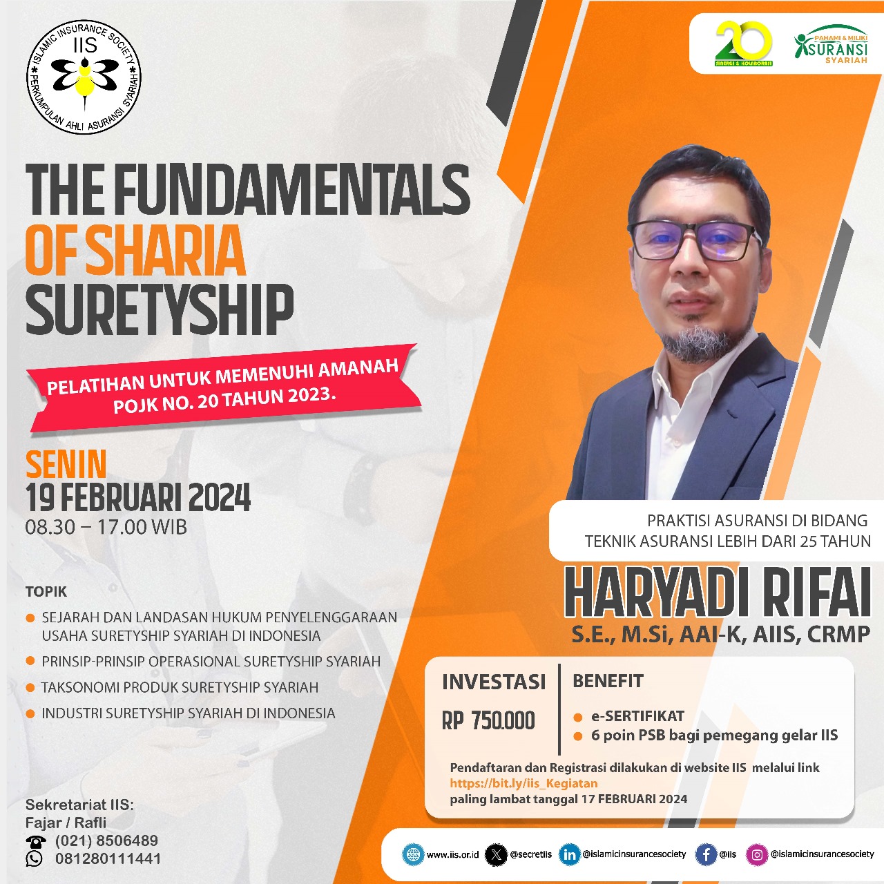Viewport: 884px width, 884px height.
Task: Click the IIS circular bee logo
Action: pos(84,76)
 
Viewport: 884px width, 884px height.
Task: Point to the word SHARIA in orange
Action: pos(165,251)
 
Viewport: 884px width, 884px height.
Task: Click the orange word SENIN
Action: pos(66,465)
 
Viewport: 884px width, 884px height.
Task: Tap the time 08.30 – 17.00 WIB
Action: pos(106,528)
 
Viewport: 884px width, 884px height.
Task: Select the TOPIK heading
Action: pos(46,592)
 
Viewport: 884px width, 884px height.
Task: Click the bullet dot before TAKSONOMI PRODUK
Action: pos(30,688)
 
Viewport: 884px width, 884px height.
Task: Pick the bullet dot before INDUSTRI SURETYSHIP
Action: pos(30,713)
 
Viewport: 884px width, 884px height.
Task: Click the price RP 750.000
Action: pos(488,721)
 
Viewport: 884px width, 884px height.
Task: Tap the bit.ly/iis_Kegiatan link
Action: pos(523,783)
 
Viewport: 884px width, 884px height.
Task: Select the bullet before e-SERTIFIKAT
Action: pos(578,717)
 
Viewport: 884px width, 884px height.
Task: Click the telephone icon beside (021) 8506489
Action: pos(35,841)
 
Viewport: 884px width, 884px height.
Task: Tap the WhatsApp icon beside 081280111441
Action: pos(34,858)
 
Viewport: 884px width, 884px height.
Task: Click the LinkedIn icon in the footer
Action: pos(569,854)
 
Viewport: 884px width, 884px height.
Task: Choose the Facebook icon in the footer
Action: pos(705,854)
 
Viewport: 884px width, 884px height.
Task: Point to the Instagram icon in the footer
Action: pos(757,854)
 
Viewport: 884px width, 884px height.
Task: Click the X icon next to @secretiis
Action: pos(496,854)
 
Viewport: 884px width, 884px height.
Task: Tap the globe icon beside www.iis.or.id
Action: pos(413,854)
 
